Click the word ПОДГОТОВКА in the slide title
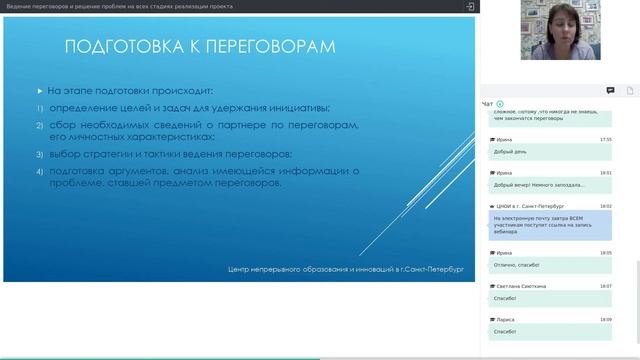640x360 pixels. coord(125,47)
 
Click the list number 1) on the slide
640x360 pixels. coord(41,108)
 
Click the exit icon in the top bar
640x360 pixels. coord(470,7)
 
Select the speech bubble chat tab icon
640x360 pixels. coord(610,90)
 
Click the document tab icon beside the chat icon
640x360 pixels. coord(631,90)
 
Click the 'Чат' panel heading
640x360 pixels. coord(487,103)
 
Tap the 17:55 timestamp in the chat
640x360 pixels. coord(605,139)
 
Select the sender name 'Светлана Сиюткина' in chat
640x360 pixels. coord(520,286)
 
